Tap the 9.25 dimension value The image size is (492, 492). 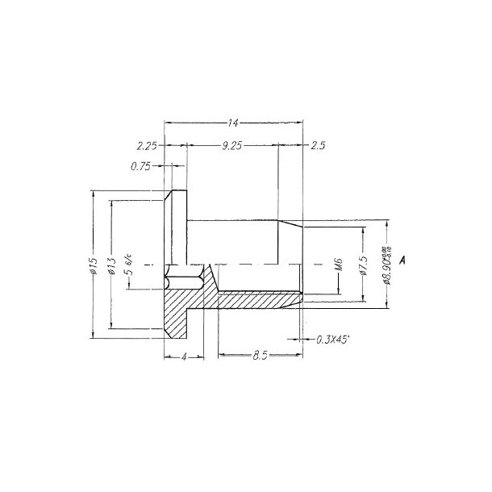[x=232, y=146]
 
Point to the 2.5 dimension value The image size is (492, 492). [x=318, y=146]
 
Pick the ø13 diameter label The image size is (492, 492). [x=111, y=265]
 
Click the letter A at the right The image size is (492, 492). [x=402, y=261]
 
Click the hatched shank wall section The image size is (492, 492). [x=258, y=300]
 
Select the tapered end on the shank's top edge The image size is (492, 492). [x=290, y=223]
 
